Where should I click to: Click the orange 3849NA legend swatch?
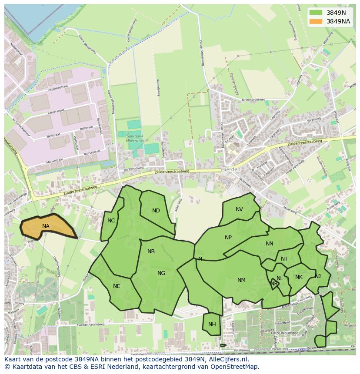pyautogui.click(x=316, y=21)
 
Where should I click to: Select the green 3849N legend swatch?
pyautogui.click(x=316, y=13)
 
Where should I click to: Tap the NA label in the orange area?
pyautogui.click(x=46, y=226)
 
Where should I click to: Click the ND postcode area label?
pyautogui.click(x=156, y=211)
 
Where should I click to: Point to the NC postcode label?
pyautogui.click(x=111, y=221)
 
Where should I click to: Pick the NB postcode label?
pyautogui.click(x=151, y=252)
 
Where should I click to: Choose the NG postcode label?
pyautogui.click(x=161, y=273)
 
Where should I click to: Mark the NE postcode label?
pyautogui.click(x=117, y=286)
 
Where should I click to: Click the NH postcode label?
pyautogui.click(x=212, y=324)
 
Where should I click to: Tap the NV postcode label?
pyautogui.click(x=239, y=209)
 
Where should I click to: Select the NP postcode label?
pyautogui.click(x=228, y=238)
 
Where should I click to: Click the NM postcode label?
pyautogui.click(x=241, y=280)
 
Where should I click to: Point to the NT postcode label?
pyautogui.click(x=284, y=259)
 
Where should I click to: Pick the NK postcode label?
pyautogui.click(x=299, y=277)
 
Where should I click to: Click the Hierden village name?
pyautogui.click(x=230, y=169)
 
